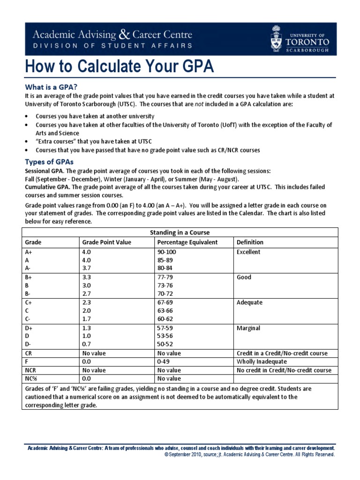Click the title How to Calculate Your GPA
pos(120,67)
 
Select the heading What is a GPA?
pos(51,87)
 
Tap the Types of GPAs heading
pos(49,162)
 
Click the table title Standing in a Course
pos(180,232)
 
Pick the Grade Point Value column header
pos(106,242)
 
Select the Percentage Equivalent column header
pos(187,242)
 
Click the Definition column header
pos(250,242)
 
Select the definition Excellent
pos(248,252)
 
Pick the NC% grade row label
pos(31,378)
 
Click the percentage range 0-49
pos(164,362)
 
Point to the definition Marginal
pos(248,328)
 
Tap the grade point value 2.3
pos(86,303)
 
